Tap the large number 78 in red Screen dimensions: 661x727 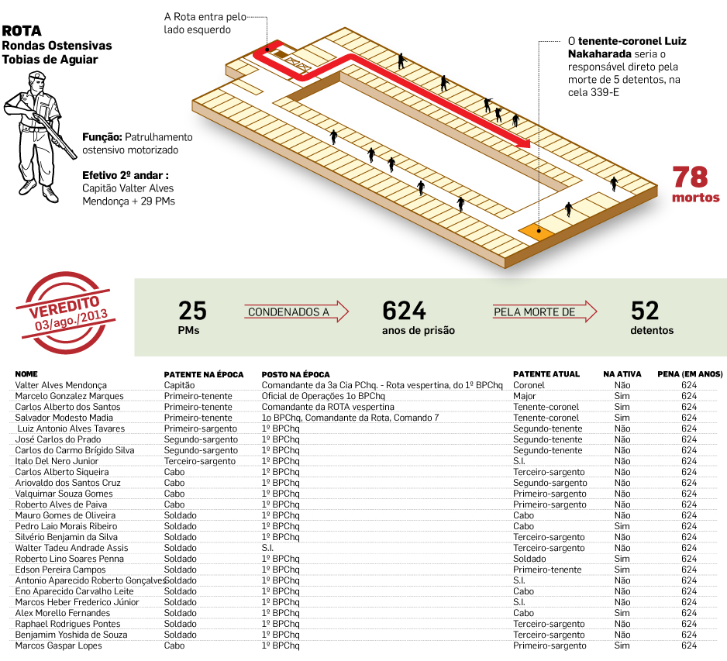coord(690,177)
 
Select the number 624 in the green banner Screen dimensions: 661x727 coord(404,311)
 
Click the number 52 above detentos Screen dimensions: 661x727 coord(644,311)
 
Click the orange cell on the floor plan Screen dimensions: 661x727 coord(536,230)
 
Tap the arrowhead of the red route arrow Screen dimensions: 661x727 coord(525,143)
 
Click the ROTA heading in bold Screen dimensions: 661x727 coord(22,32)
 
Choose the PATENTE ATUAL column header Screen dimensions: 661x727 coord(546,374)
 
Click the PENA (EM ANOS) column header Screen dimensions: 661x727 coord(689,374)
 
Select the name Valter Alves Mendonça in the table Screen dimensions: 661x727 coord(61,384)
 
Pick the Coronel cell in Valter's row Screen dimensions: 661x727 coord(529,384)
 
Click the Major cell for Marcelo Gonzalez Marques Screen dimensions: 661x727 coord(524,395)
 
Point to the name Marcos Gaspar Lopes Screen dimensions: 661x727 coord(58,646)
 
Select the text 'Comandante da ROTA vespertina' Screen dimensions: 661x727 coord(327,406)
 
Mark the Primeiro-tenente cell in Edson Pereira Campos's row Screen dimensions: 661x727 coord(546,570)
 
